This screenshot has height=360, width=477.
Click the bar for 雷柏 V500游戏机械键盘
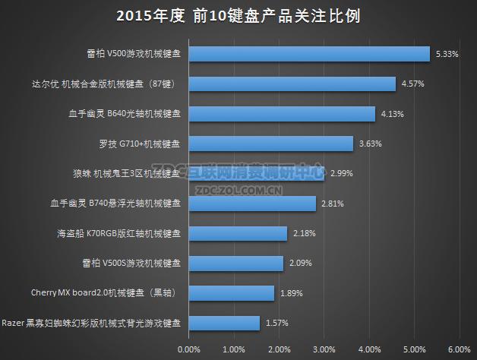coord(308,54)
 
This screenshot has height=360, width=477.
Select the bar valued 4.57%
coord(292,84)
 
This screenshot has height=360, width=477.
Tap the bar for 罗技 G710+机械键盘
coord(270,144)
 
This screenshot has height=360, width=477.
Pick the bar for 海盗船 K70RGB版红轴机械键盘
coord(237,233)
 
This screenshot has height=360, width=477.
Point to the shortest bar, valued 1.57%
coord(223,323)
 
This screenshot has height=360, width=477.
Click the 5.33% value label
coord(446,54)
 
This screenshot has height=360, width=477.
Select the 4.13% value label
coord(392,114)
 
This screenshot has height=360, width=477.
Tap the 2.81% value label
coord(333,203)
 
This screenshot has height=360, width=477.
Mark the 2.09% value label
coord(300,263)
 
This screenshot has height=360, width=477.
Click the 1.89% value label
coord(291,293)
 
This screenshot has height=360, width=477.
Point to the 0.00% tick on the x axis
coord(188,349)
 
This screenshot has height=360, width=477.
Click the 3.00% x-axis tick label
coord(324,349)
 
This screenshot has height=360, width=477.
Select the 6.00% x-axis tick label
coord(460,349)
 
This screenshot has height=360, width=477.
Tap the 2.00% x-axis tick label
coord(279,349)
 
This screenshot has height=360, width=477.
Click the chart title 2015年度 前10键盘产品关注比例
coord(238,15)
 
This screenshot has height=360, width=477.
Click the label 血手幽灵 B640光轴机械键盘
coord(125,114)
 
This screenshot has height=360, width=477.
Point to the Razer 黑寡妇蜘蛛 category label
coord(92,323)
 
